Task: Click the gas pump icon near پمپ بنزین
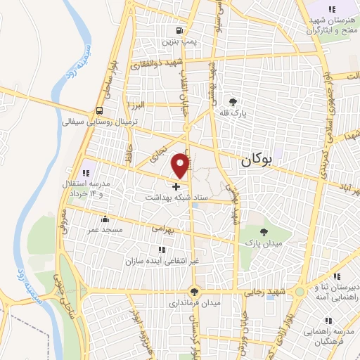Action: tap(180, 30)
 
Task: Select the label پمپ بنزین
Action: tap(178, 41)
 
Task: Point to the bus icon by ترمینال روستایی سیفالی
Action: tap(99, 110)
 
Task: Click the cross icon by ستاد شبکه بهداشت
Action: tap(176, 186)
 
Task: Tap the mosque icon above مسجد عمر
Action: tap(105, 218)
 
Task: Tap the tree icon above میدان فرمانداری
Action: tap(194, 292)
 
